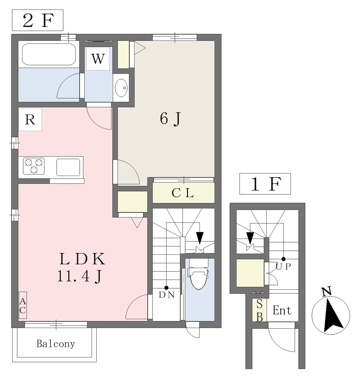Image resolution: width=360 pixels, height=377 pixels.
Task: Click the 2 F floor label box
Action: (x=38, y=21)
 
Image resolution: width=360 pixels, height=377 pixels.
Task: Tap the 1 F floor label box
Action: (x=265, y=184)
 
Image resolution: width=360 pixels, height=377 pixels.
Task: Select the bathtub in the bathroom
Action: (x=49, y=54)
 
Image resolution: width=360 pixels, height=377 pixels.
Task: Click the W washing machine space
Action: (x=98, y=59)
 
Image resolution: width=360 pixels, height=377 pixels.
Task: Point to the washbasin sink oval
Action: (x=121, y=88)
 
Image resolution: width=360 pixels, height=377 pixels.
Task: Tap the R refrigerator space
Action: (x=30, y=119)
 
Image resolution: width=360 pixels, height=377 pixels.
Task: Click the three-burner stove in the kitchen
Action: (x=34, y=166)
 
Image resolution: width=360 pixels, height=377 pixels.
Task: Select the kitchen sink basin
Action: (x=68, y=167)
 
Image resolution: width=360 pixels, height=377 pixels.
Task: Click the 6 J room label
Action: (x=170, y=119)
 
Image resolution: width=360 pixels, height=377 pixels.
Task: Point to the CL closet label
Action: (x=183, y=193)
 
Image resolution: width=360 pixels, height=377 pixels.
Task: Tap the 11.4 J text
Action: (x=80, y=276)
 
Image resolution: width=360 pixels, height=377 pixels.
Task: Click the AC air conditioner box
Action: (x=23, y=305)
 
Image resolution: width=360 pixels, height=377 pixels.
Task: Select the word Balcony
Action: (x=55, y=344)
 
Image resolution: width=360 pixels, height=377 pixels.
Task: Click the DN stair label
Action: (x=167, y=295)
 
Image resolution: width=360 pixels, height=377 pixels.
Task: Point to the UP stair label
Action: (x=283, y=267)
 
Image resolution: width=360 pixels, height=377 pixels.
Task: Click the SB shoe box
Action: (x=259, y=310)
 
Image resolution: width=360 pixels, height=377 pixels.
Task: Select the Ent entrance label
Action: (x=282, y=310)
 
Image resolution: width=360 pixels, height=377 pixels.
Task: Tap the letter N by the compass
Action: (x=327, y=291)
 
